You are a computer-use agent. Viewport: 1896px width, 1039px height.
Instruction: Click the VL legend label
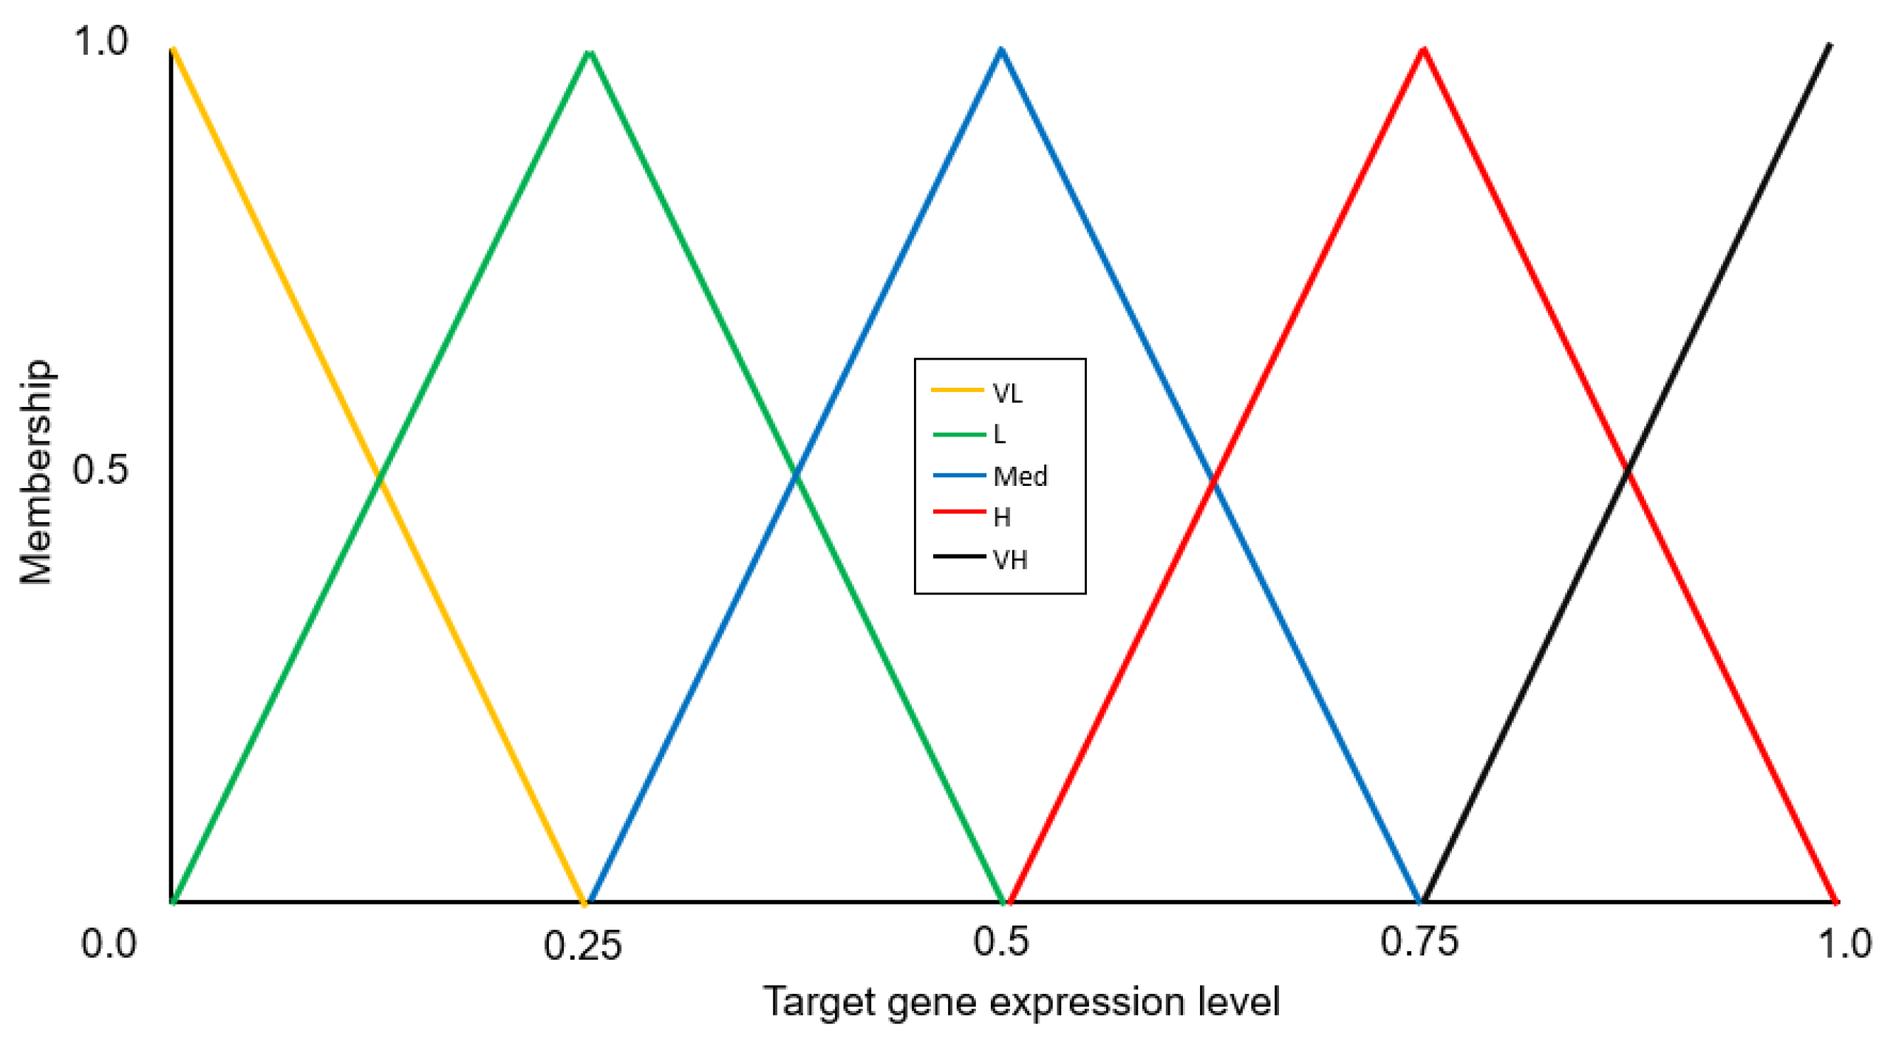pos(1007,394)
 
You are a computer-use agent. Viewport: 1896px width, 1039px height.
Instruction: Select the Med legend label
pos(1020,476)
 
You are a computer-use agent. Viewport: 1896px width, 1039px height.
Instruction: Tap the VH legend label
pos(1010,560)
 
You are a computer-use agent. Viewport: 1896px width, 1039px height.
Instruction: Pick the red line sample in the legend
pos(958,511)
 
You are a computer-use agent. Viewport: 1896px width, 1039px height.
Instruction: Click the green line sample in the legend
pos(958,434)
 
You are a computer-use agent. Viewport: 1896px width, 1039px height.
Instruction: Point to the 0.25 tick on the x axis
pos(582,946)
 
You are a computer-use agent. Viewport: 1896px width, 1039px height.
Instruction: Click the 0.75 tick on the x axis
pos(1419,943)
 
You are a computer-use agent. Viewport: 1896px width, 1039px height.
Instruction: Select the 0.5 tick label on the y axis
pos(100,470)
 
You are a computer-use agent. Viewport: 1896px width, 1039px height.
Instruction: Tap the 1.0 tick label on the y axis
pos(100,41)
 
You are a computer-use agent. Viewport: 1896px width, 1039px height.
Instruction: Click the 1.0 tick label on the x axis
pos(1844,944)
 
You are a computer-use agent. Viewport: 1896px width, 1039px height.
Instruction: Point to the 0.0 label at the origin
pos(109,944)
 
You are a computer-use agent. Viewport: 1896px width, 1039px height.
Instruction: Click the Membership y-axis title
pos(35,473)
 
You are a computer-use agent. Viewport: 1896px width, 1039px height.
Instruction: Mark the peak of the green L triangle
pos(590,52)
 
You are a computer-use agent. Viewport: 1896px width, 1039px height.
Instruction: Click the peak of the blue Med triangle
pos(1001,49)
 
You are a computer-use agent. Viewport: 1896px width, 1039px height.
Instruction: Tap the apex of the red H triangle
pos(1423,49)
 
